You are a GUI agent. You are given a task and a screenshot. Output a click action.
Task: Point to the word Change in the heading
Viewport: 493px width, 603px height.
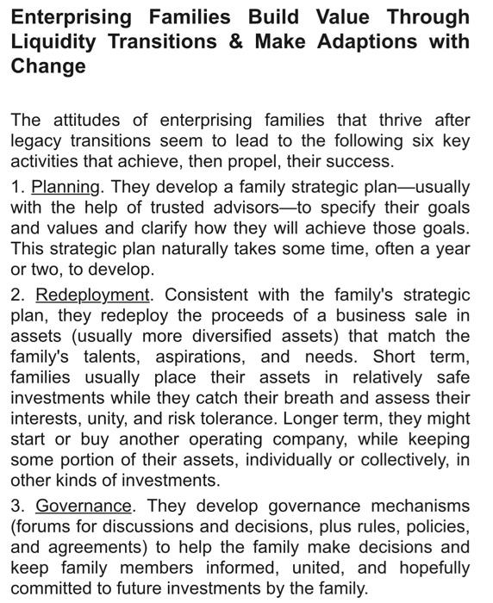pos(47,66)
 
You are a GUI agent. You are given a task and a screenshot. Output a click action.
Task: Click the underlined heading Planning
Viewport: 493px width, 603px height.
pos(66,187)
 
